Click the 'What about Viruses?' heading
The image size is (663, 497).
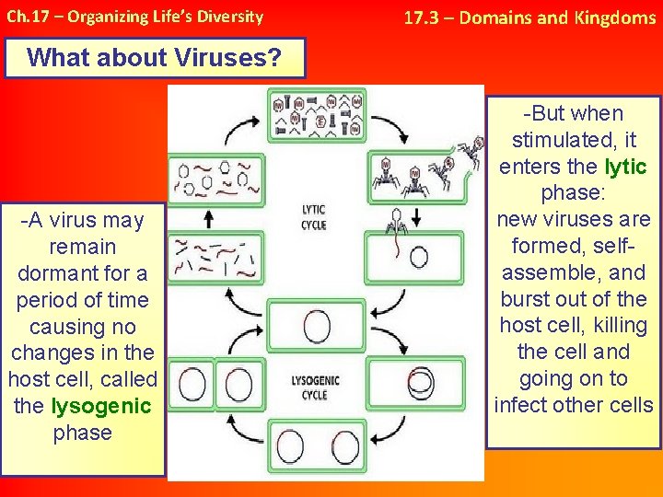155,57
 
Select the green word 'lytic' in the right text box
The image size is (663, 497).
625,167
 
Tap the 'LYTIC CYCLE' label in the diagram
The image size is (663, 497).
314,217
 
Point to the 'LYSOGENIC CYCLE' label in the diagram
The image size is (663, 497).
314,387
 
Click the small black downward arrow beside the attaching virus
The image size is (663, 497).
416,217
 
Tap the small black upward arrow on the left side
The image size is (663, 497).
208,217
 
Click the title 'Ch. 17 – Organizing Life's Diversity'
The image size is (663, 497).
134,17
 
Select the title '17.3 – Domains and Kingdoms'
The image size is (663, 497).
530,17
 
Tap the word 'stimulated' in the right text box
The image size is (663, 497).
561,141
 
